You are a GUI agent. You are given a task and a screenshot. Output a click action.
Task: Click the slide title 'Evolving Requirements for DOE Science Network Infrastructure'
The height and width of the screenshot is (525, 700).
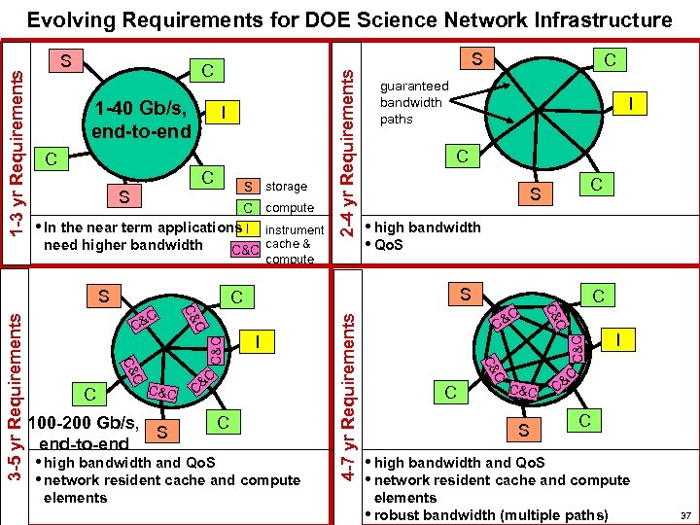pyautogui.click(x=349, y=19)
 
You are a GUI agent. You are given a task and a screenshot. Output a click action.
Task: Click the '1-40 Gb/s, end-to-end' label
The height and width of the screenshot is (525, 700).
pyautogui.click(x=144, y=119)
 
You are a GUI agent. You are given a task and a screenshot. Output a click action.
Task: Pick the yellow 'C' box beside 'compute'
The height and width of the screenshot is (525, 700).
pyautogui.click(x=248, y=207)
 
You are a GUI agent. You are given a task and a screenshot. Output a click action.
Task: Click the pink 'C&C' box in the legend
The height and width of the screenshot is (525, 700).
pyautogui.click(x=245, y=250)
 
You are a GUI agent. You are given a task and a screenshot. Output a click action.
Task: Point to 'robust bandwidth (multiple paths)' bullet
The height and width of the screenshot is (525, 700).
pyautogui.click(x=491, y=514)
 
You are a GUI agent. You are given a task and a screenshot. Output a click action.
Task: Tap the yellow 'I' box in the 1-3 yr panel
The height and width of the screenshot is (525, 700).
pyautogui.click(x=225, y=114)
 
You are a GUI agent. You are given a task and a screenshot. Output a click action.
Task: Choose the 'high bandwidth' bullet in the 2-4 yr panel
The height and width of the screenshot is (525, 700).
pyautogui.click(x=427, y=227)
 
